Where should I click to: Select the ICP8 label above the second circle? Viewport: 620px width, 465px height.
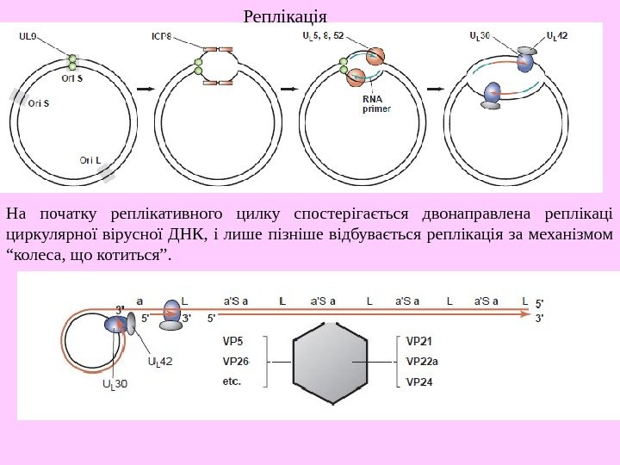(x=162, y=37)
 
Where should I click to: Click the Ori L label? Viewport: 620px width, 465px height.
(x=90, y=159)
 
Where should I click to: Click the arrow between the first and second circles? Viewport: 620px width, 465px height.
(x=146, y=88)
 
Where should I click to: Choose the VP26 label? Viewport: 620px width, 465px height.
(x=235, y=361)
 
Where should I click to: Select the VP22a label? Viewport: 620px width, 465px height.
(x=422, y=361)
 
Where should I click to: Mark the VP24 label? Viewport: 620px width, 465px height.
(x=419, y=381)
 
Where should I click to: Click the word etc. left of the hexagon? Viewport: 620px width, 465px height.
(x=231, y=380)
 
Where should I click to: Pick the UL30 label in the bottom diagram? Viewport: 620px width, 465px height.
(x=115, y=384)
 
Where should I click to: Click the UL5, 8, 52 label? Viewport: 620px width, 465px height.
(x=323, y=36)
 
